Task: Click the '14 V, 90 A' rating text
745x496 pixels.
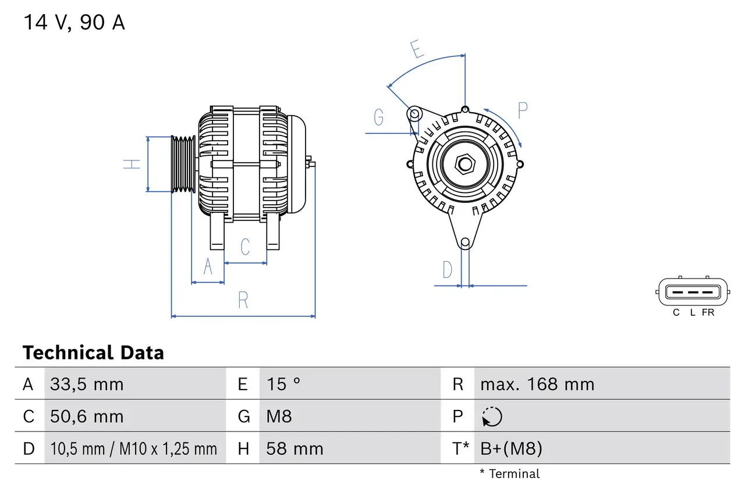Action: (x=74, y=23)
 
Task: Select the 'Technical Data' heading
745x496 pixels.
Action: (x=93, y=353)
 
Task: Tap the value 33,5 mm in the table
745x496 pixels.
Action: (x=87, y=384)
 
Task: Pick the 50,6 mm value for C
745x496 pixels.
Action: (x=87, y=417)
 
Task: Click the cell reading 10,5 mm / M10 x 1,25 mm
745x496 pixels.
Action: (x=133, y=449)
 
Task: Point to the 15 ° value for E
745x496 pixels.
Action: (x=283, y=384)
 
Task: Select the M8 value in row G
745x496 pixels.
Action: (x=279, y=417)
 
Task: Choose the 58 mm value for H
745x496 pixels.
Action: (x=295, y=449)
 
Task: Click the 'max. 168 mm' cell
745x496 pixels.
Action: (x=537, y=384)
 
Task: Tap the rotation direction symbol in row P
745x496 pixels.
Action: (x=492, y=417)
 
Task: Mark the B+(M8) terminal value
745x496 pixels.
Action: (x=511, y=449)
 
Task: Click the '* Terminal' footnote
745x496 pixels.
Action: (x=509, y=474)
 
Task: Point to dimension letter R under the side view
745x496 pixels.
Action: (x=243, y=301)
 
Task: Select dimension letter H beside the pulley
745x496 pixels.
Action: (x=133, y=164)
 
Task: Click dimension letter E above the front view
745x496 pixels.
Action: (x=417, y=50)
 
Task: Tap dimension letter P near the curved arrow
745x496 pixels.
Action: (x=522, y=110)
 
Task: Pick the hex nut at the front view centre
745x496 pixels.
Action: (x=464, y=164)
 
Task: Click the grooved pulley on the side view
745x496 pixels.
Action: (x=183, y=164)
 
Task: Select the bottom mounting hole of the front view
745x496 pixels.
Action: (x=464, y=242)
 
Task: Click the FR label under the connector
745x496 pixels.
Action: (x=708, y=313)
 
